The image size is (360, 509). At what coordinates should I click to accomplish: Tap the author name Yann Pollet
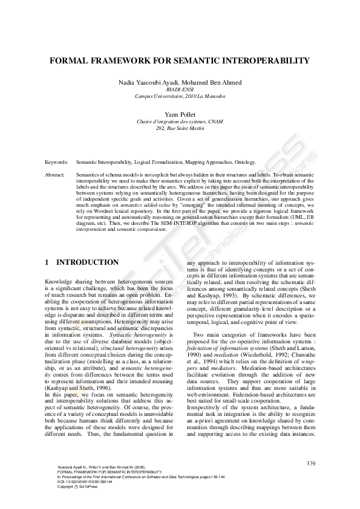[180, 114]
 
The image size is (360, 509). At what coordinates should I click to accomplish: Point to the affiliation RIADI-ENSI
[180, 89]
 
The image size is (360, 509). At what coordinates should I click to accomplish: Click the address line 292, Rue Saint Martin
[180, 128]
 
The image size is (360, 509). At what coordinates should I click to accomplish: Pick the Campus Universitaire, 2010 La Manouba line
[180, 96]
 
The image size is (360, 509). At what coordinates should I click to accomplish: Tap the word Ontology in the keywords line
[244, 163]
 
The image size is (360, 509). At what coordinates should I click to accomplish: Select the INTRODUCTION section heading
[87, 263]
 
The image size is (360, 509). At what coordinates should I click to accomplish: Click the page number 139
[312, 464]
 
